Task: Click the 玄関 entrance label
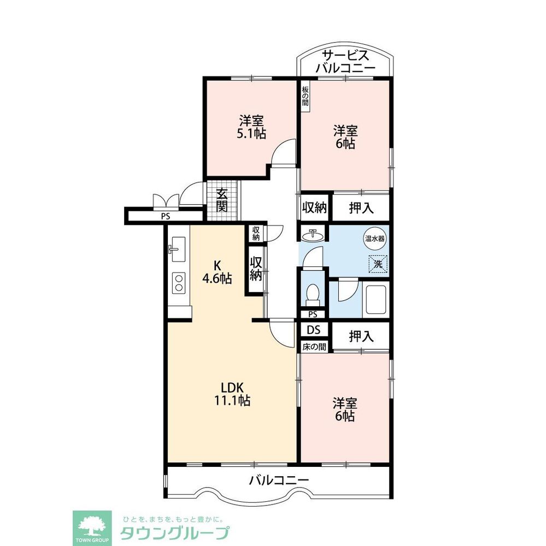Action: (x=222, y=200)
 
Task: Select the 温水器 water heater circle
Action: (x=375, y=239)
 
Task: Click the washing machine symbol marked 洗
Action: (x=378, y=264)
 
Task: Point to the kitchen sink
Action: (x=179, y=249)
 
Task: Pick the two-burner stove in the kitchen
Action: (x=179, y=282)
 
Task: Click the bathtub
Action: (x=375, y=299)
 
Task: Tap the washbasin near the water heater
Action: (x=313, y=235)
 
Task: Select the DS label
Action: (x=314, y=330)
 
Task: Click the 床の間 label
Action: (x=314, y=347)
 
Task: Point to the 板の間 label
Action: (x=306, y=96)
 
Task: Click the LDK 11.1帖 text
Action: (x=232, y=394)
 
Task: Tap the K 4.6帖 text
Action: (x=217, y=272)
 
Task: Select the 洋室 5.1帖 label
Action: (x=251, y=127)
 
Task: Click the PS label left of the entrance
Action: (x=166, y=216)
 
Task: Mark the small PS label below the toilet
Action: (x=313, y=314)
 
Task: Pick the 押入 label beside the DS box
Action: (x=361, y=336)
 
